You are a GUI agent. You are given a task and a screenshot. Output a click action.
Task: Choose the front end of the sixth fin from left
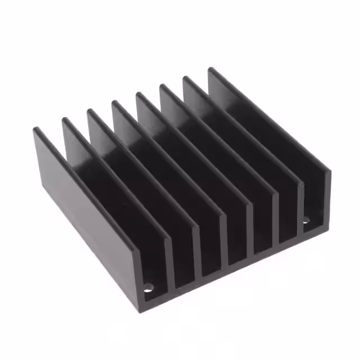pyautogui.click(x=275, y=217)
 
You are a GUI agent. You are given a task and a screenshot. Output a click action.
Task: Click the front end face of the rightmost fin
pyautogui.click(x=326, y=194)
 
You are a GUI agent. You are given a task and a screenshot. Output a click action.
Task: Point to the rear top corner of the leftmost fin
pyautogui.click(x=37, y=130)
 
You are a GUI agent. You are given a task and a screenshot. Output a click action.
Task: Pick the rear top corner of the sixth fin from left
pyautogui.click(x=163, y=86)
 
